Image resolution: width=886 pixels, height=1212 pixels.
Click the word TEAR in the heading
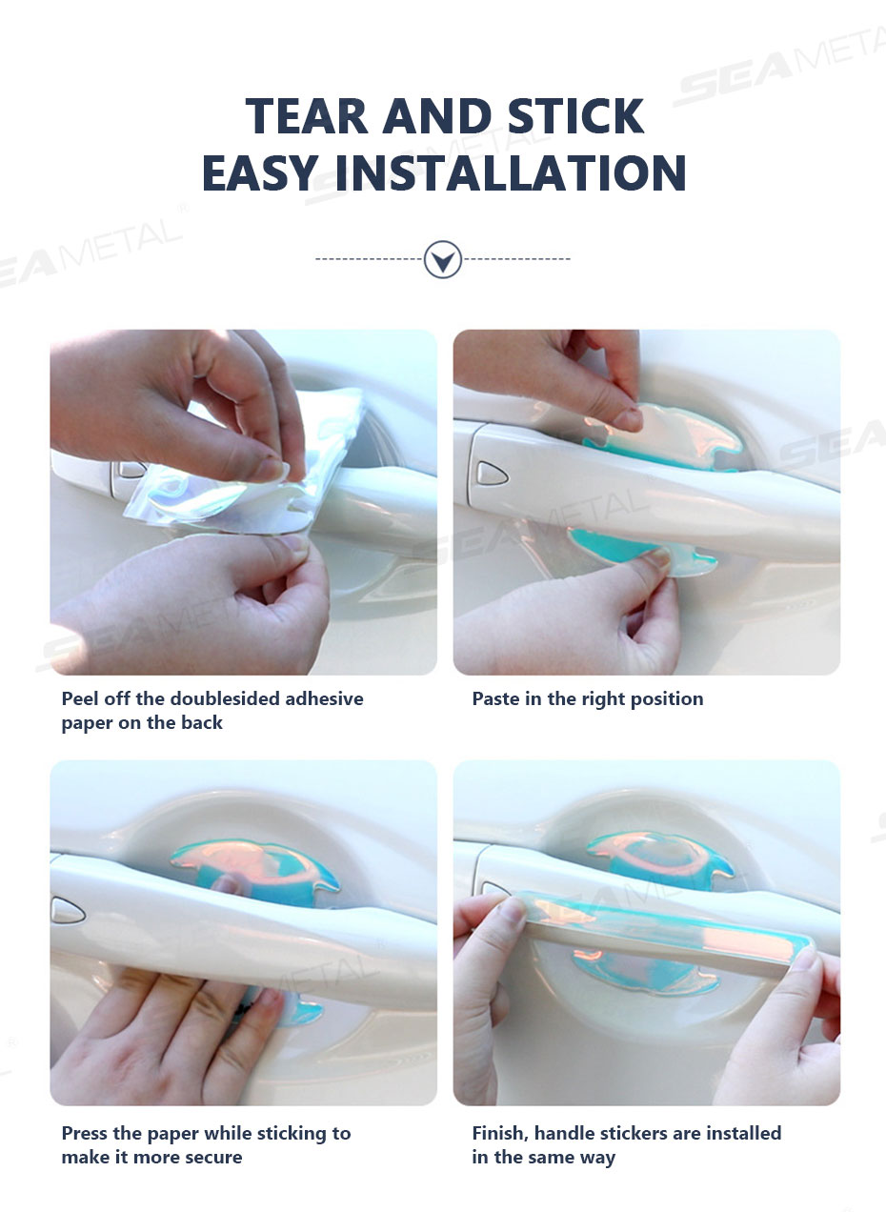coord(307,116)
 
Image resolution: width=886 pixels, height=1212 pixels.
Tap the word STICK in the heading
coord(576,116)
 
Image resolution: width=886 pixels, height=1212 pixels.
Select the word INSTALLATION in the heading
coord(510,172)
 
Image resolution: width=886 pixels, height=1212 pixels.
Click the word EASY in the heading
coord(260,172)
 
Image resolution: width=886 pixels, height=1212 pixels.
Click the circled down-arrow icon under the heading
coord(442,260)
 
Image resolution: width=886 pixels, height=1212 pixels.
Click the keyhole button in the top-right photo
coord(493,474)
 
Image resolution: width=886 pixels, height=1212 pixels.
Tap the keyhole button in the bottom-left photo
coord(68,910)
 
